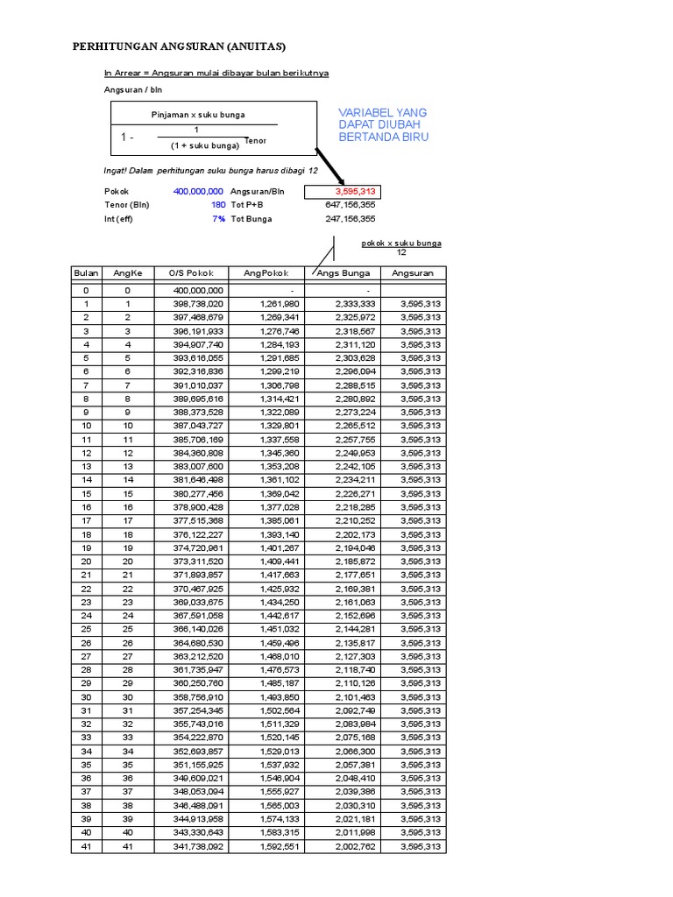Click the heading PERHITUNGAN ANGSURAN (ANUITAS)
[x=179, y=46]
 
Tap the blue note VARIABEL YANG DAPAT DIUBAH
[x=383, y=124]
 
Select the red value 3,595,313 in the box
[x=355, y=191]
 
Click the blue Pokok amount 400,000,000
[x=198, y=191]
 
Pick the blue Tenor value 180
[x=217, y=205]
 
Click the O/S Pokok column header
[x=190, y=273]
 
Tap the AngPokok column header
[x=266, y=273]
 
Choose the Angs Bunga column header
[x=343, y=273]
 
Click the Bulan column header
[x=86, y=273]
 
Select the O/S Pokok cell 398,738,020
[x=198, y=303]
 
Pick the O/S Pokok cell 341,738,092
[x=198, y=846]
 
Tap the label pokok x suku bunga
[x=401, y=243]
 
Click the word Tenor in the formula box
[x=255, y=141]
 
